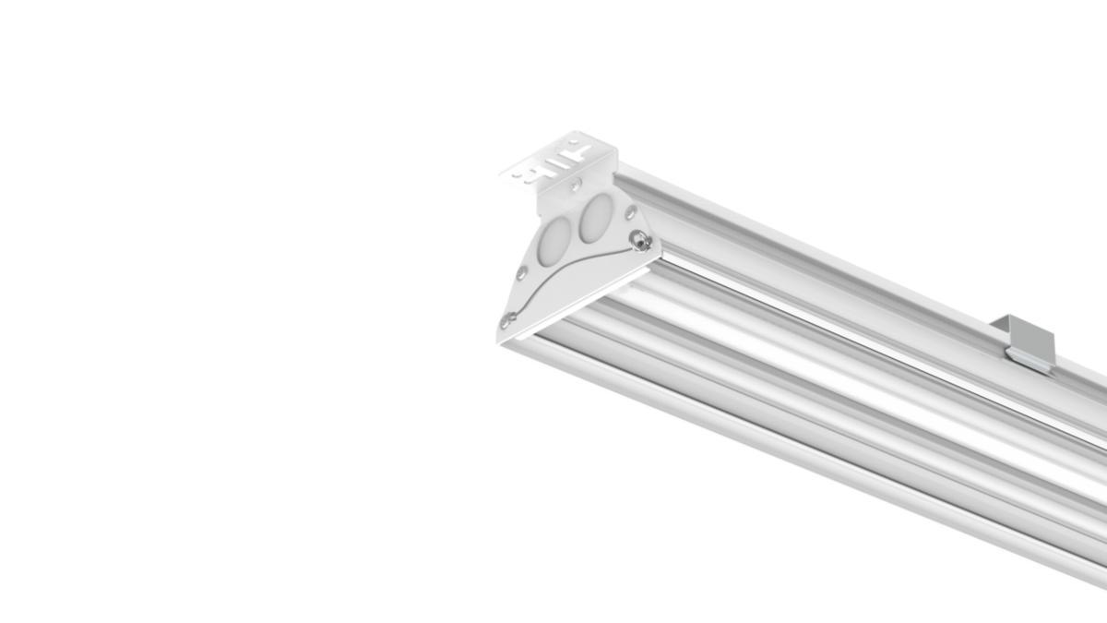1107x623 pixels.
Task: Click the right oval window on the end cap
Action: [x=594, y=217]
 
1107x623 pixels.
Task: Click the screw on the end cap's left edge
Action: [x=522, y=273]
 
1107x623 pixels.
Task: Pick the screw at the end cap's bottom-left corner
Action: [x=508, y=320]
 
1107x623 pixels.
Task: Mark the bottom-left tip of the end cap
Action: [x=499, y=341]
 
